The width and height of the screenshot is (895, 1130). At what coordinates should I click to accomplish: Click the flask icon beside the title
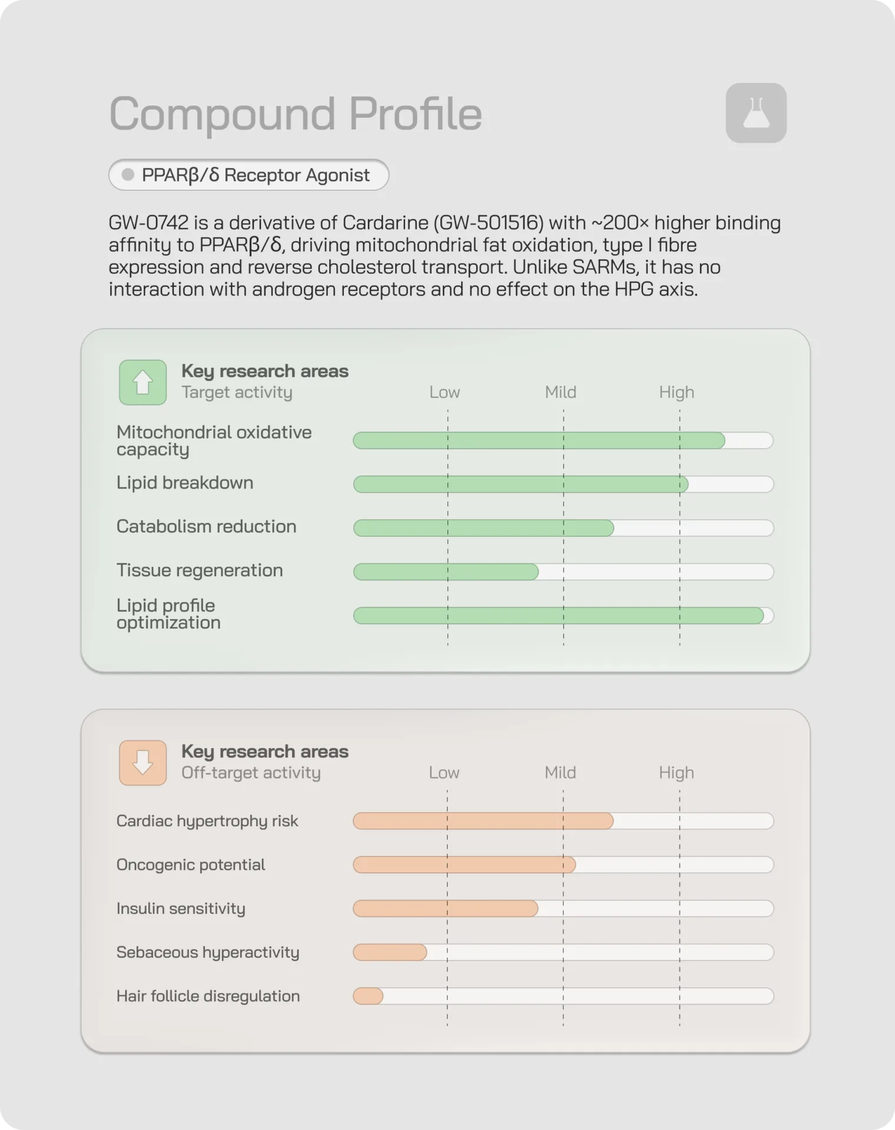click(x=756, y=113)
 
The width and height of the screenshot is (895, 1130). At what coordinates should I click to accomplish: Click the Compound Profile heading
click(x=296, y=114)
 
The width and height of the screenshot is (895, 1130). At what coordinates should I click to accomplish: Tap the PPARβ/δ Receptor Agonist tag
click(x=248, y=175)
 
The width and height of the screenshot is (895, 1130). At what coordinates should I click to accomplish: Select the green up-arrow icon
click(x=142, y=383)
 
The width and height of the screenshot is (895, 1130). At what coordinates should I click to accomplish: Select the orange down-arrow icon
click(x=142, y=763)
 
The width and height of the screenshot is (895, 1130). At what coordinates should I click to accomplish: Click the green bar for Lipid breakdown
click(x=521, y=484)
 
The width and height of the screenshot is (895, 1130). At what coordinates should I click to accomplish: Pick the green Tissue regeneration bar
click(x=446, y=571)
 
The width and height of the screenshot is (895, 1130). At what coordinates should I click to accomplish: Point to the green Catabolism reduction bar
click(x=483, y=528)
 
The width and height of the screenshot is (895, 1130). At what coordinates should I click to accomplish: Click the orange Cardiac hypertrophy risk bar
click(x=483, y=821)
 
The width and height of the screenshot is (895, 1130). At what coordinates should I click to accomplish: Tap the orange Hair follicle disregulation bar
click(x=368, y=996)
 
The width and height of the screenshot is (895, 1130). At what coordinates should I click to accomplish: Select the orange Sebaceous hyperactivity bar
click(x=390, y=952)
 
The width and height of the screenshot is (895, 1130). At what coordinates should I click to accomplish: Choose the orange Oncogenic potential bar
click(x=464, y=865)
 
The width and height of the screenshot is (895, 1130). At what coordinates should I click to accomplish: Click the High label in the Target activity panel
click(x=677, y=392)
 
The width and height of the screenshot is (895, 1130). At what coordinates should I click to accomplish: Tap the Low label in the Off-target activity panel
click(x=444, y=772)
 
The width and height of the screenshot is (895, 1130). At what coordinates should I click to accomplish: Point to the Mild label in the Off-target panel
click(x=560, y=772)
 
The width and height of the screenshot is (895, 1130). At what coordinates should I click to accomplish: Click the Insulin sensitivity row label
click(x=181, y=909)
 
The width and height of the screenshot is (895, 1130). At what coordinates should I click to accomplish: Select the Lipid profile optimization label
click(x=168, y=614)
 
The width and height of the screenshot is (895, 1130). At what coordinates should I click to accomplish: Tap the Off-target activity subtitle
click(x=251, y=773)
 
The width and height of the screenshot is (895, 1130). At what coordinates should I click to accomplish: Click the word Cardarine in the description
click(x=385, y=222)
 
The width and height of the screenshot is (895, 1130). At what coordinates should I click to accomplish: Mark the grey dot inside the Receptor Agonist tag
click(x=128, y=175)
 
